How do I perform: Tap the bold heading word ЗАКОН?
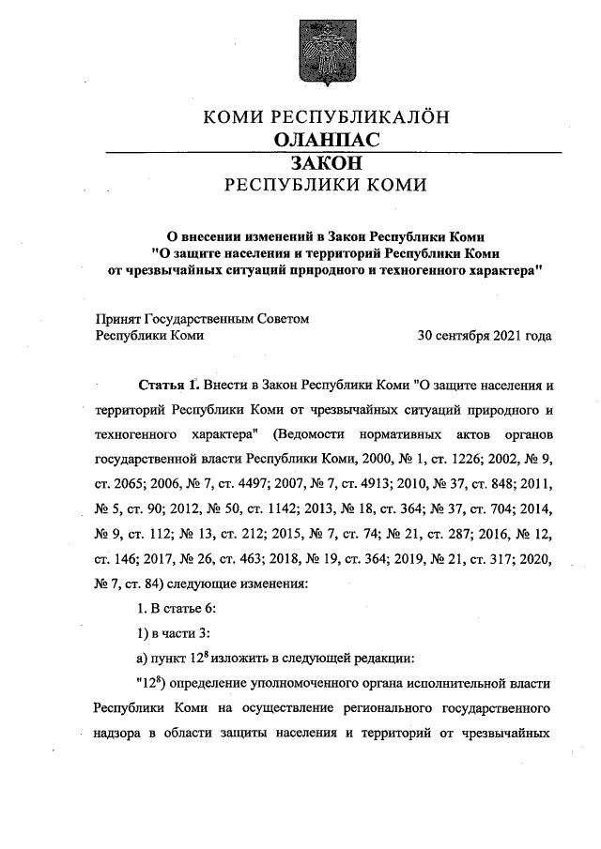[324, 163]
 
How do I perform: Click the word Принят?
[117, 318]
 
